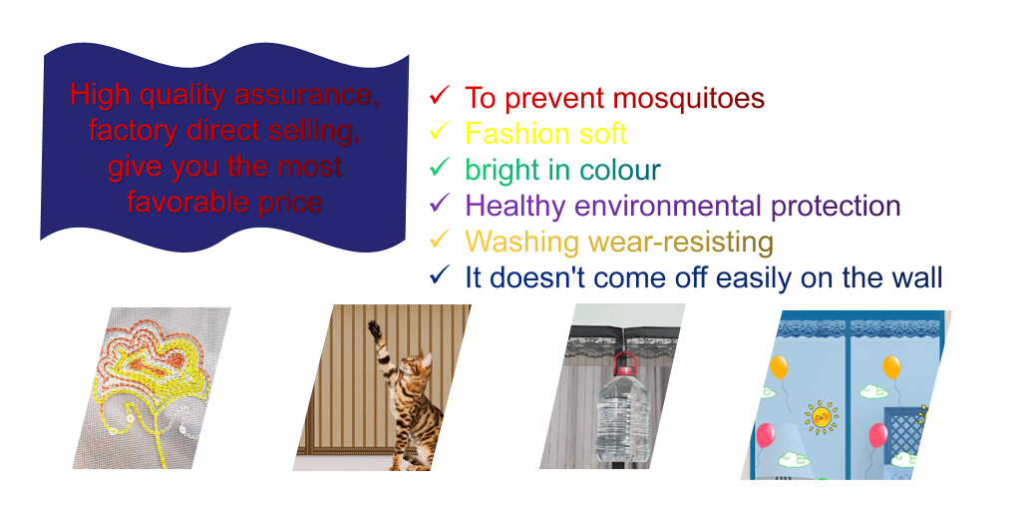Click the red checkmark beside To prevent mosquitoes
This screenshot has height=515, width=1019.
point(439,95)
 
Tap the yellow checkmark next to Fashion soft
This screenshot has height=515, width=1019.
point(439,131)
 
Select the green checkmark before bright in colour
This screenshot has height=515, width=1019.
point(439,167)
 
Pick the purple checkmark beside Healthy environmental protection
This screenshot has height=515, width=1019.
point(439,204)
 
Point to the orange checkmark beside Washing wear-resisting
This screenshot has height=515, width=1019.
point(439,240)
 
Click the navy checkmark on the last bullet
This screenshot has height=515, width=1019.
point(439,275)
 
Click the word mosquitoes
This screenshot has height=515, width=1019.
point(688,99)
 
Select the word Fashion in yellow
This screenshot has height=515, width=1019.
point(512,134)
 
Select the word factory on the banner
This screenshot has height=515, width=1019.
point(134,131)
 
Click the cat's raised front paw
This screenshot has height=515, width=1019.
point(374,327)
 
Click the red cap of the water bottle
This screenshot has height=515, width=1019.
point(624,370)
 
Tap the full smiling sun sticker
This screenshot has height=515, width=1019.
point(822,417)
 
